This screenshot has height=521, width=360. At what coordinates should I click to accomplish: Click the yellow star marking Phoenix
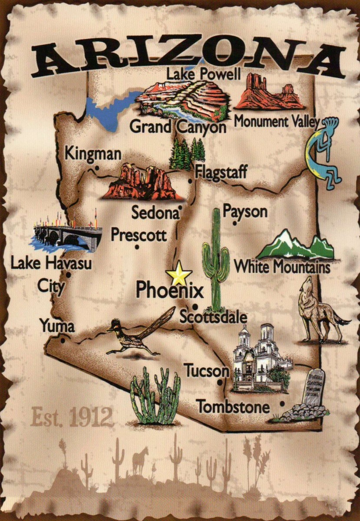click(x=178, y=274)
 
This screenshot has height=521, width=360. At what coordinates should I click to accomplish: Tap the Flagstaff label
click(x=221, y=172)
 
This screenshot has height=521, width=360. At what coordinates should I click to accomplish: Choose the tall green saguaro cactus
click(x=215, y=260)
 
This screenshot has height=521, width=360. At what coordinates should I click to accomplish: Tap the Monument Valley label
click(x=277, y=122)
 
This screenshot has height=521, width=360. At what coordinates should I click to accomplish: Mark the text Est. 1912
click(x=72, y=417)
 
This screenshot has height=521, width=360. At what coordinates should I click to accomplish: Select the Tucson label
click(x=206, y=371)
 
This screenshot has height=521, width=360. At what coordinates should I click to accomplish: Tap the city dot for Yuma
click(x=63, y=340)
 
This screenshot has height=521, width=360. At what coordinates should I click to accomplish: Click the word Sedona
click(x=155, y=213)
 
